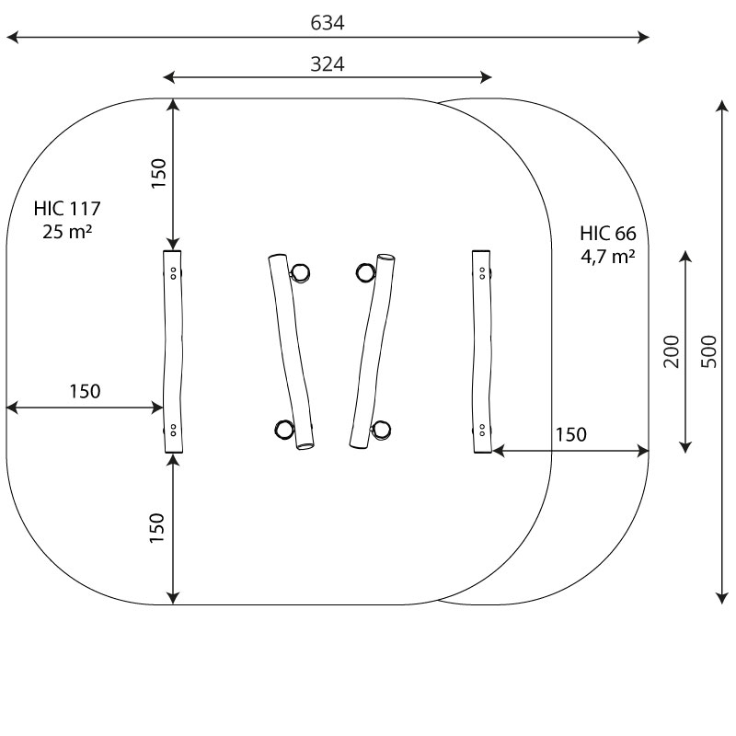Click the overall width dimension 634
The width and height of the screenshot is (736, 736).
[328, 23]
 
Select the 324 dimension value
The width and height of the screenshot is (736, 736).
[328, 64]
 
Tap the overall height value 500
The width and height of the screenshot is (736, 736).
[708, 351]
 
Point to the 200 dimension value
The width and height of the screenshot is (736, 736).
[672, 351]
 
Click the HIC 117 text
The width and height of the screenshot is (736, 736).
[67, 208]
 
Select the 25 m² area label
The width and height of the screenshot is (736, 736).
[67, 231]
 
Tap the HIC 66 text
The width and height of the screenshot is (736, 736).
[608, 234]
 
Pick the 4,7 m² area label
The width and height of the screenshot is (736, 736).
[608, 257]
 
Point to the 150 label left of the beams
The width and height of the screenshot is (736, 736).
[85, 391]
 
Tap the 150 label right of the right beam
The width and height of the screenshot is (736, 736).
[570, 434]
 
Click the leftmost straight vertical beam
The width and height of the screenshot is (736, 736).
[173, 351]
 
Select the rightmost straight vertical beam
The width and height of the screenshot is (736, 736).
[482, 351]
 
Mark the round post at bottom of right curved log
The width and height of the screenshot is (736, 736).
[381, 430]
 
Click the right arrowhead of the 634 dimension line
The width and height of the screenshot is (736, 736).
[645, 38]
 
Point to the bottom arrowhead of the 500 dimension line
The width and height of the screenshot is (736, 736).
[722, 599]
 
